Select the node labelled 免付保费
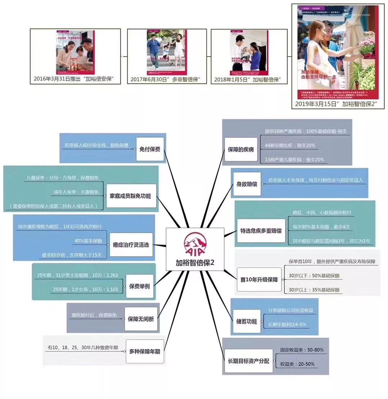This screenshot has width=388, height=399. pyautogui.click(x=150, y=149)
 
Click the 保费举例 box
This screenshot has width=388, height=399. pyautogui.click(x=139, y=286)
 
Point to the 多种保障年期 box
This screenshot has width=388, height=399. pyautogui.click(x=144, y=351)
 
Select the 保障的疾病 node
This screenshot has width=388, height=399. pyautogui.click(x=240, y=149)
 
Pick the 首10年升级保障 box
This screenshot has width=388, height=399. pyautogui.click(x=259, y=279)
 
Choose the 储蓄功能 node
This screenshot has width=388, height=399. pyautogui.click(x=247, y=321)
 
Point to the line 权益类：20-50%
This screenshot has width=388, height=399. pyautogui.click(x=297, y=364)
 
